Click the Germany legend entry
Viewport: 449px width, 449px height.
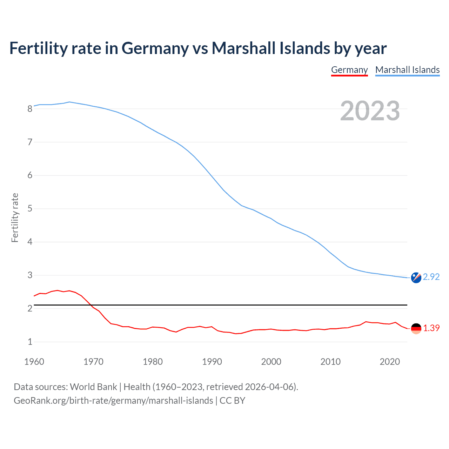coord(349,70)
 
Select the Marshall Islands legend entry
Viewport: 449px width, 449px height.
coord(407,70)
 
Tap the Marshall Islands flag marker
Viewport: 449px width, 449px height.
coord(416,277)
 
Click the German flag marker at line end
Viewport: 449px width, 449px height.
coord(416,329)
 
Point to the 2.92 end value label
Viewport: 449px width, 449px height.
coord(431,277)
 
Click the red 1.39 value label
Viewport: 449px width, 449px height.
coord(431,328)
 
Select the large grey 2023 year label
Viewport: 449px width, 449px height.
coord(370,111)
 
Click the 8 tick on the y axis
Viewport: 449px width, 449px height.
coord(30,109)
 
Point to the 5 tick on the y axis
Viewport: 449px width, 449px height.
coord(30,209)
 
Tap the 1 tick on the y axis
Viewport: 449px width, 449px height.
coord(30,342)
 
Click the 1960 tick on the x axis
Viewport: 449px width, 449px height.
coord(34,362)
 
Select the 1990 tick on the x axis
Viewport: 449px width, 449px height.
coord(212,362)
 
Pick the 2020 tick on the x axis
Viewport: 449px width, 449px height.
coord(390,362)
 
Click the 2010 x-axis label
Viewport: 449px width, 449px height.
coord(330,362)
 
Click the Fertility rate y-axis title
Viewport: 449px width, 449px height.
coord(15,217)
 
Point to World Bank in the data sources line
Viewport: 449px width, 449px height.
coord(93,387)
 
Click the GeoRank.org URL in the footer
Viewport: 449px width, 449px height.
coord(113,400)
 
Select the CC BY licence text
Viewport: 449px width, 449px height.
coord(232,400)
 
